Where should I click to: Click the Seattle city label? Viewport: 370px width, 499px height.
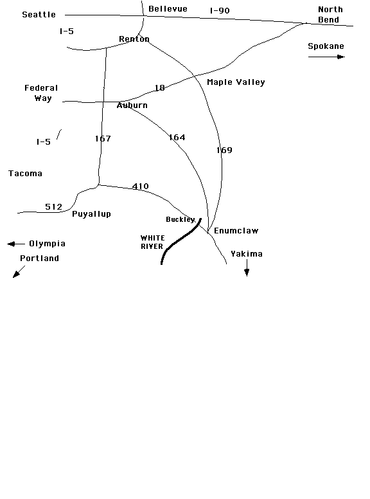pos(39,15)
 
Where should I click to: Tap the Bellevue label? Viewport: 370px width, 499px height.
pos(168,9)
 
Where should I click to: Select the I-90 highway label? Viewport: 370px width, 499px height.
pos(220,10)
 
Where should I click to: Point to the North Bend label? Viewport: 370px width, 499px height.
pos(330,15)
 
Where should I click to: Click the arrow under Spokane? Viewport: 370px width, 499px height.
pos(326,57)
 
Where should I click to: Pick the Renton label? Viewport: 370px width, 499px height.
pos(134,39)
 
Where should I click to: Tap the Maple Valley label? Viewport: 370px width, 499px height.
pos(236,82)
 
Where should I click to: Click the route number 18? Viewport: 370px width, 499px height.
pos(159,88)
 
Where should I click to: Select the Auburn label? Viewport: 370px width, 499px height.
pos(132,105)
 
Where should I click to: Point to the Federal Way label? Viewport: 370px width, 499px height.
pos(41,93)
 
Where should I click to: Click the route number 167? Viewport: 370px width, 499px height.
pos(103,138)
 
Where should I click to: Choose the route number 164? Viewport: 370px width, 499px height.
pos(177,137)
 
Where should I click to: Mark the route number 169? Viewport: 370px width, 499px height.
pos(224,150)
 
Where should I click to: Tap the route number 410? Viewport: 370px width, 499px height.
pos(140,186)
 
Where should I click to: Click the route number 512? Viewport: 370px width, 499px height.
pos(53,207)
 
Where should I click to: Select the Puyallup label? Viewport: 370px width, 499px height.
pos(92,214)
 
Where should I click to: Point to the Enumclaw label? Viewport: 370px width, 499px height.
pos(236,231)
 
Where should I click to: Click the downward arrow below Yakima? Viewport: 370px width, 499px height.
pos(247,268)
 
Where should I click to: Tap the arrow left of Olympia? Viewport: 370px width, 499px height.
pos(16,244)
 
